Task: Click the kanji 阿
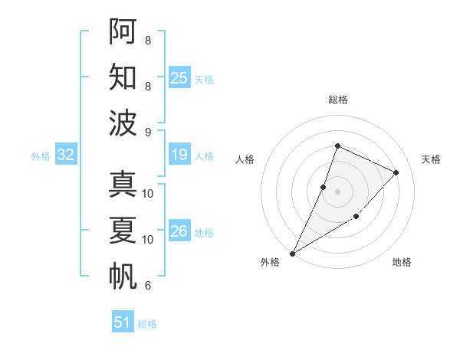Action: (123, 31)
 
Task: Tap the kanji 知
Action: (123, 77)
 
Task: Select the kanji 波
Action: (123, 123)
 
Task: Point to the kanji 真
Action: (123, 185)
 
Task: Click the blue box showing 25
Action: (179, 77)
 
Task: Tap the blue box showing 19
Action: (179, 155)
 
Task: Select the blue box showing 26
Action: (179, 231)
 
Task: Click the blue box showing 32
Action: (66, 155)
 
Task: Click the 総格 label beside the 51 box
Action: (147, 324)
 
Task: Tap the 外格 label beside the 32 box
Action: (41, 156)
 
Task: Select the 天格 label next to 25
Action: (204, 79)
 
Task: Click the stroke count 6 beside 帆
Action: (147, 286)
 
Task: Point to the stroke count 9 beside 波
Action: (147, 132)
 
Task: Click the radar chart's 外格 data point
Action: (292, 253)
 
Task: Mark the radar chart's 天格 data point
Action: (396, 172)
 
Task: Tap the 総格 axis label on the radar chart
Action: (337, 100)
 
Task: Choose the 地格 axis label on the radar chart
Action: (402, 262)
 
